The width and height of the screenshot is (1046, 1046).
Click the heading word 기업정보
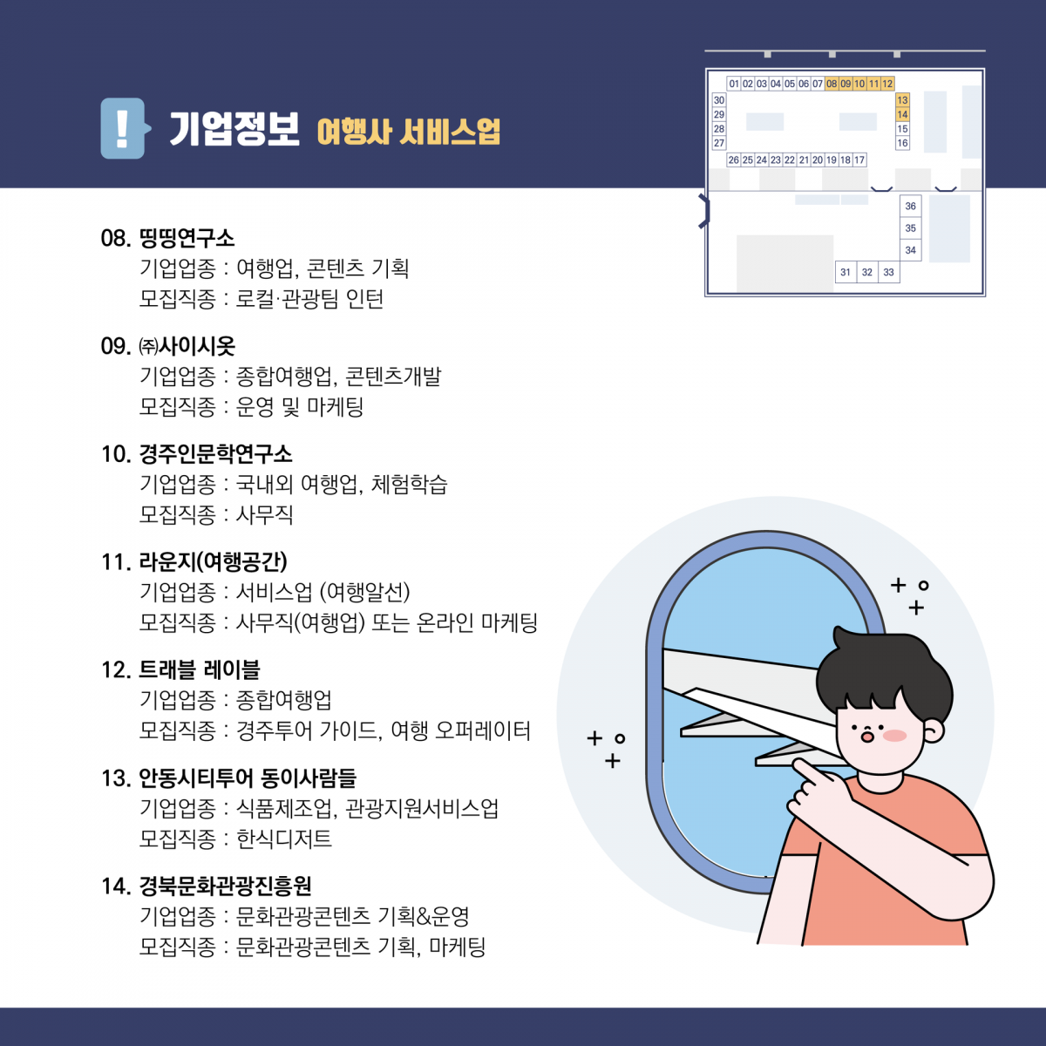click(x=234, y=129)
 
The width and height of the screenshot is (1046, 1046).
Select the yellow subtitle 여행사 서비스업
click(x=408, y=132)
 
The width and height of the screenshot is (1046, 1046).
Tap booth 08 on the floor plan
click(x=832, y=84)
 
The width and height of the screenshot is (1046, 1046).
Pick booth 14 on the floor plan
click(x=902, y=114)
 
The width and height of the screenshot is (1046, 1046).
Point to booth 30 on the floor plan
click(x=718, y=100)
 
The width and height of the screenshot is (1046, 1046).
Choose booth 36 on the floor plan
click(x=910, y=207)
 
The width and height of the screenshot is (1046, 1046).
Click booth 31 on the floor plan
click(x=846, y=272)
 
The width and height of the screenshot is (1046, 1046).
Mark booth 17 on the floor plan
click(x=859, y=160)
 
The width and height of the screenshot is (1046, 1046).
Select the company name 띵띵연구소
click(x=187, y=238)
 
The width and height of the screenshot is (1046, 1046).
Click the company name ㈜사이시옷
click(x=187, y=346)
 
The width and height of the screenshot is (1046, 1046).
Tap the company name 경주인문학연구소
click(x=215, y=454)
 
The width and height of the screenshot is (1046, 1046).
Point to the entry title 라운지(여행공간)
click(x=214, y=561)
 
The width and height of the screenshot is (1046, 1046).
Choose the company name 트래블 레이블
click(x=200, y=669)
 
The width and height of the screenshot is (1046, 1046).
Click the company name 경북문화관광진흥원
click(x=225, y=886)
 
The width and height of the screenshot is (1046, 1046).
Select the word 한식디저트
click(x=283, y=839)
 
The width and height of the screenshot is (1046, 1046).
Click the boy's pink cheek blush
click(x=894, y=736)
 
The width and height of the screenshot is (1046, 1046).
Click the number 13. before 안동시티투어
click(x=116, y=778)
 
